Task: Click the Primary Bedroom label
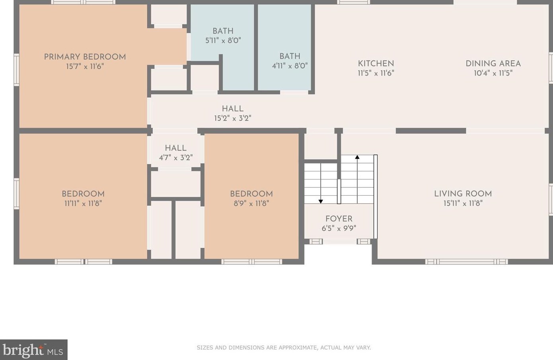(85, 57)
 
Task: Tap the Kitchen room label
(376, 64)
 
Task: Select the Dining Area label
(493, 64)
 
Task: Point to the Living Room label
(463, 194)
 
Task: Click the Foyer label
(339, 219)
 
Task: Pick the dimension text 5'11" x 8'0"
(223, 41)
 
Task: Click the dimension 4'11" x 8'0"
(290, 66)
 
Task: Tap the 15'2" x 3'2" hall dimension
(233, 118)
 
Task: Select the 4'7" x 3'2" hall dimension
(175, 158)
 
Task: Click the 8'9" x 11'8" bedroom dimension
(251, 203)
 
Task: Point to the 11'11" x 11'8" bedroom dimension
(83, 203)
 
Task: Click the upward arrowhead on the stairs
(357, 157)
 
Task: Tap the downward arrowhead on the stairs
(321, 202)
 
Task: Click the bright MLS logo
(33, 350)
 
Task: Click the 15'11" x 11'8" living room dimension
(463, 203)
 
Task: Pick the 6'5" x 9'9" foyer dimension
(339, 228)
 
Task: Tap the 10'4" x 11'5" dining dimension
(493, 73)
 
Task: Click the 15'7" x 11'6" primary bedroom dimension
(85, 66)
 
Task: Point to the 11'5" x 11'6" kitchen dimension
(376, 73)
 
